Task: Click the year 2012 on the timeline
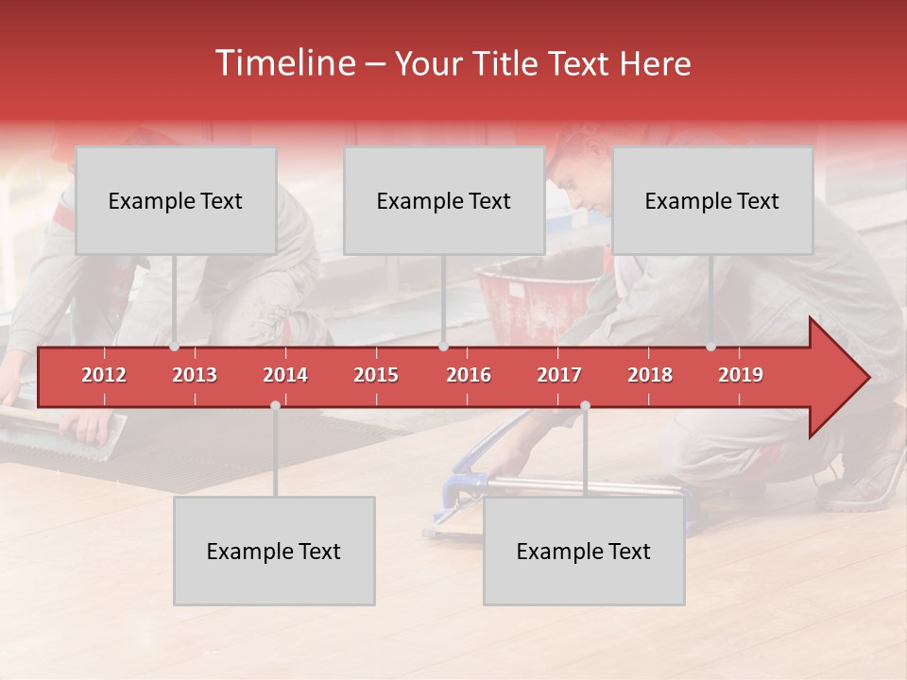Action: [x=104, y=375]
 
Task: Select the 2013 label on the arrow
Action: [x=195, y=375]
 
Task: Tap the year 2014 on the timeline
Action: [x=285, y=375]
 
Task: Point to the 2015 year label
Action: [x=376, y=375]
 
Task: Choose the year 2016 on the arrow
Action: [x=469, y=375]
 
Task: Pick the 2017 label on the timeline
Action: [x=559, y=375]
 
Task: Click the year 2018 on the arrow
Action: [x=650, y=375]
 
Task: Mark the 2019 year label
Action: [x=741, y=375]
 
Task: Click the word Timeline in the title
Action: [x=283, y=63]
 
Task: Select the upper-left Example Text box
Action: [x=176, y=200]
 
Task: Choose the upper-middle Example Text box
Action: [x=444, y=200]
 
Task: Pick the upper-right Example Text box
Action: [x=712, y=200]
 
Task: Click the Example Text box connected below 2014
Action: [x=274, y=551]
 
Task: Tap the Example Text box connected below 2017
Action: [x=584, y=551]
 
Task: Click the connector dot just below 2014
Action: [x=275, y=405]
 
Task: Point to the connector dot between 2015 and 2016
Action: [x=443, y=347]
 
